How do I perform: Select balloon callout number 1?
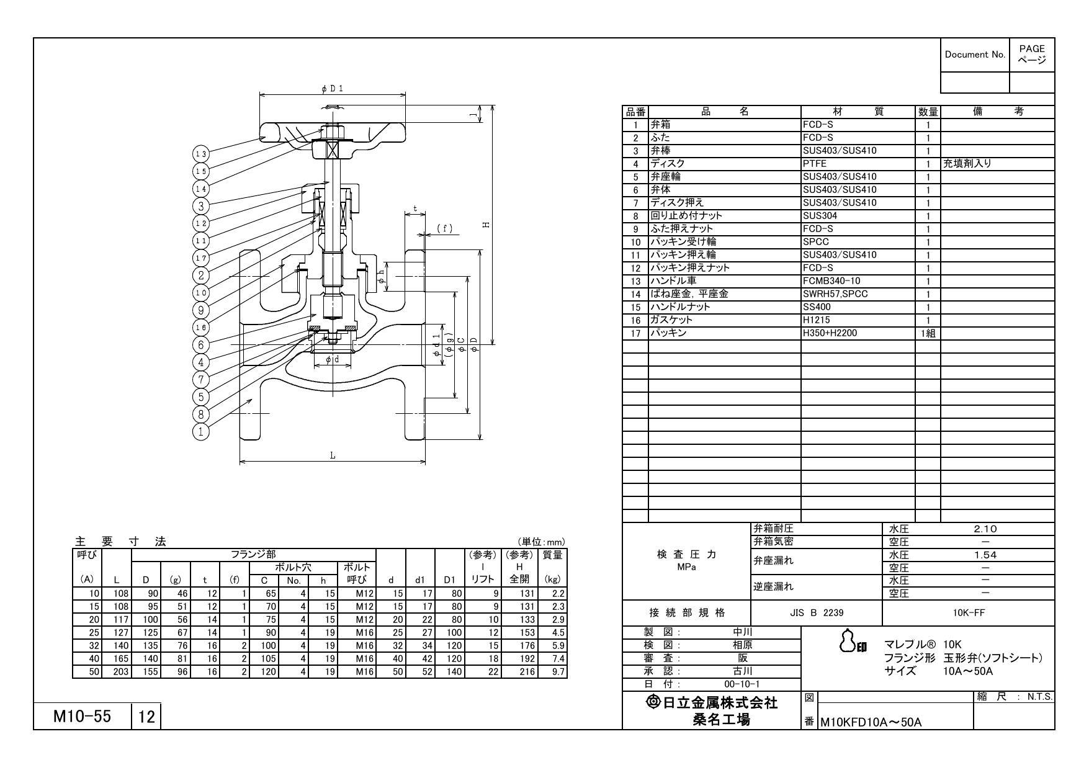point(200,431)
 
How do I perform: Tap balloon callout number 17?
point(200,257)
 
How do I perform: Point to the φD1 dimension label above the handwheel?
point(332,89)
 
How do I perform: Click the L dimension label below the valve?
point(333,455)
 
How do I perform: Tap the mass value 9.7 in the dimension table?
point(558,672)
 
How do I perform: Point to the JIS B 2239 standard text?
point(816,613)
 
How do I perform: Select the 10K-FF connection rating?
point(969,613)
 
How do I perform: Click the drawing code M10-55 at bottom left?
point(82,717)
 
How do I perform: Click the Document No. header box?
point(974,55)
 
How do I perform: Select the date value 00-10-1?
point(743,684)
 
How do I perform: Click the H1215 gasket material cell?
point(816,320)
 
